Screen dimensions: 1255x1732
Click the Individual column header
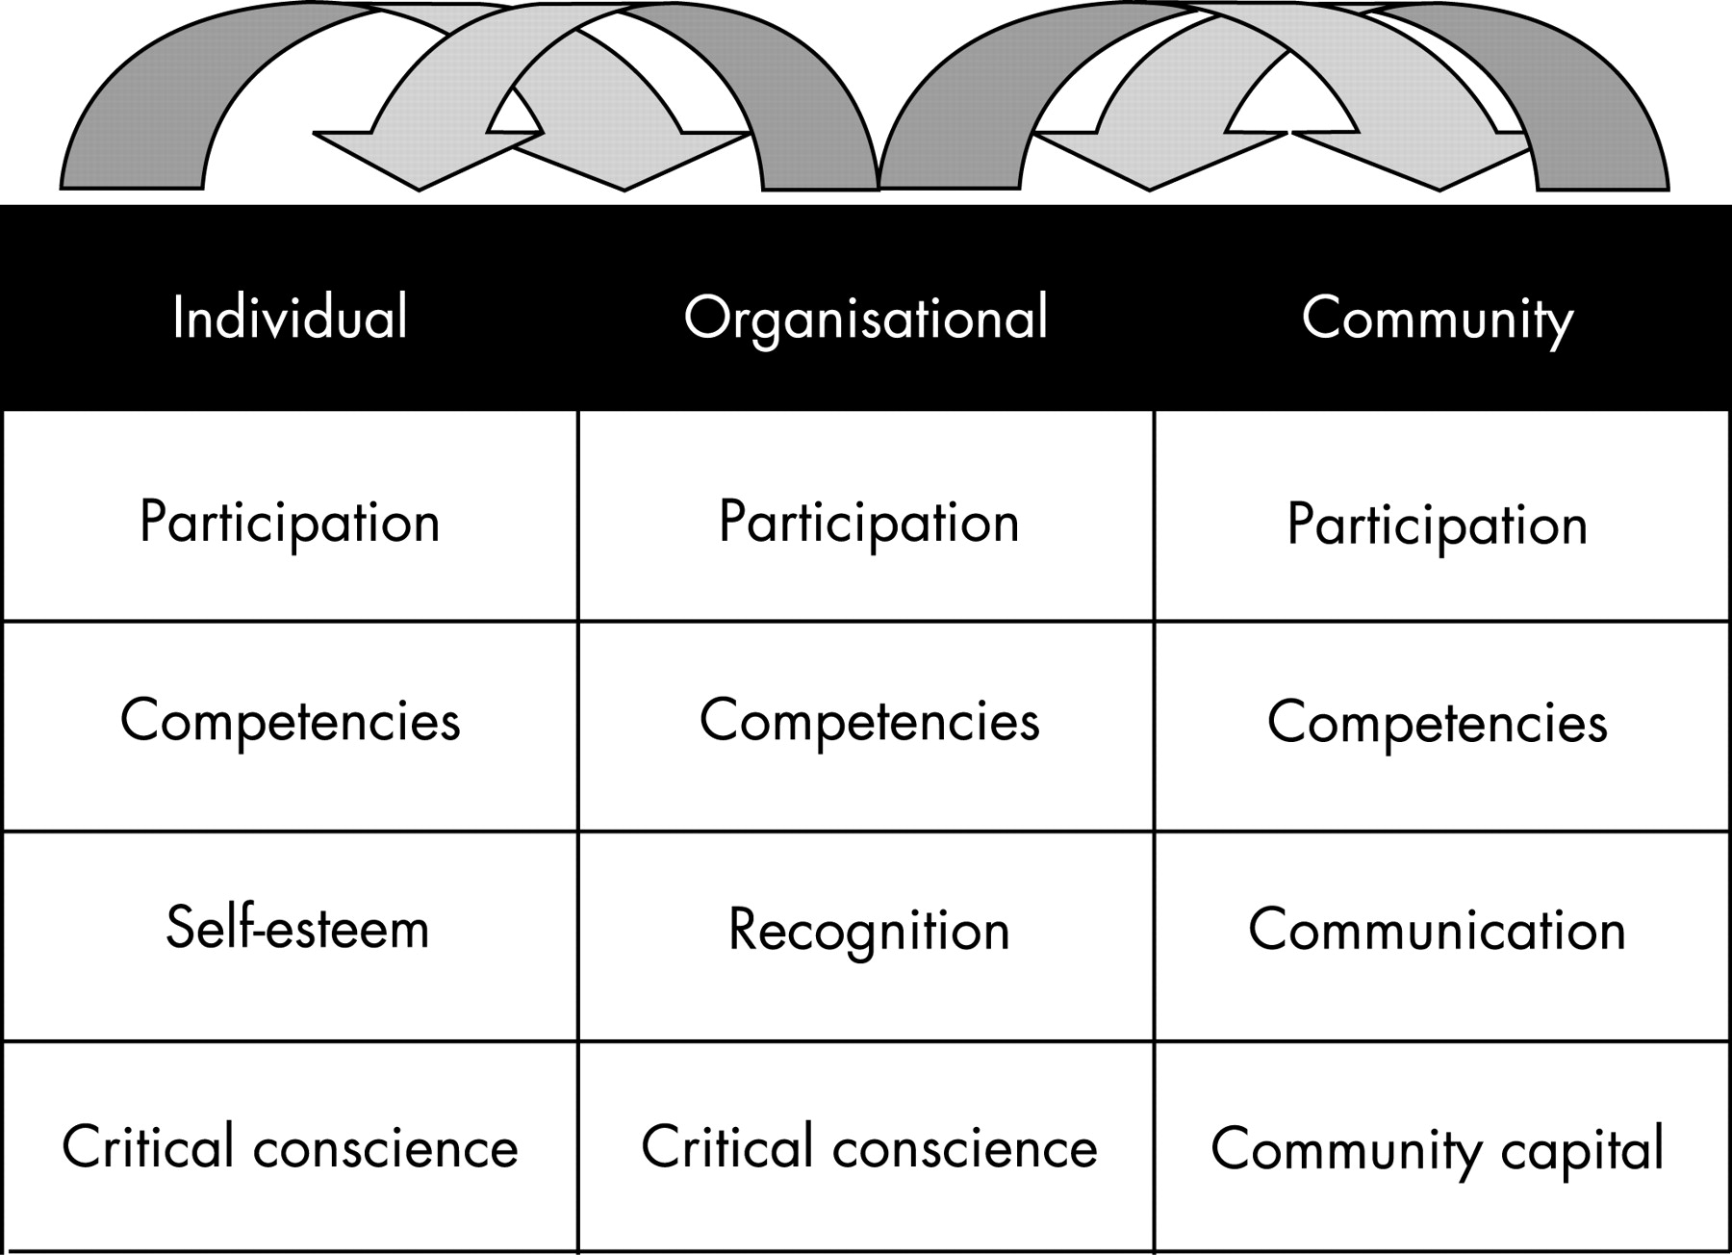(x=290, y=318)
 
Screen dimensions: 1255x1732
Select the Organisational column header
(x=865, y=318)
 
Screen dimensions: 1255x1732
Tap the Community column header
(x=1437, y=318)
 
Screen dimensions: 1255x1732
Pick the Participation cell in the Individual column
(x=290, y=523)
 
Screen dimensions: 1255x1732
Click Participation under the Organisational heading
(x=868, y=523)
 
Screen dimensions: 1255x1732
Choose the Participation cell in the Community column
(x=1437, y=525)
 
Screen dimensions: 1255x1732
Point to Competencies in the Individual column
(x=290, y=721)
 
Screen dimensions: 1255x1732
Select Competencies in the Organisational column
(x=869, y=721)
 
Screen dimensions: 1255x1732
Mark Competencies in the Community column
(x=1437, y=723)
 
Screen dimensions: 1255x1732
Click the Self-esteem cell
(x=296, y=929)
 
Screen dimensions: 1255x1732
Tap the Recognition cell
(x=868, y=931)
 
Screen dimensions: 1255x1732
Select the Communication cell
(x=1437, y=931)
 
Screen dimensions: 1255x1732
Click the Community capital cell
(x=1437, y=1148)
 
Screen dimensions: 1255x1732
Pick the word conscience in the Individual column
(x=386, y=1148)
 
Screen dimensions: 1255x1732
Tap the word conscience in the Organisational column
(x=965, y=1148)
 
